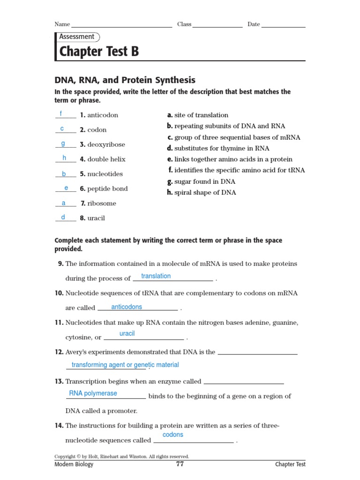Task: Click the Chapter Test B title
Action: click(x=99, y=52)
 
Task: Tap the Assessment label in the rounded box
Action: click(x=77, y=37)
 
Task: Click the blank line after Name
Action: click(x=121, y=26)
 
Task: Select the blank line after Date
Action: click(x=283, y=26)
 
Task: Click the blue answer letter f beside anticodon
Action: click(x=61, y=114)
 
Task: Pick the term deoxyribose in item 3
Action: click(x=106, y=144)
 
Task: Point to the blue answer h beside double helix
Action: click(x=64, y=158)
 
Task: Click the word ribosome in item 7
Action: click(x=102, y=203)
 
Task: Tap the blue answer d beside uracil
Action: click(x=63, y=217)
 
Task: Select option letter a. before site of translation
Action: click(x=170, y=115)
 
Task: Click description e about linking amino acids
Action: click(x=233, y=159)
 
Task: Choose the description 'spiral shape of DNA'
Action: click(x=205, y=192)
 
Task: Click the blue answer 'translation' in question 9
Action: click(x=156, y=276)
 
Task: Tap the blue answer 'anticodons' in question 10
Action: click(x=127, y=307)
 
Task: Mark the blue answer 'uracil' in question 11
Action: click(x=127, y=333)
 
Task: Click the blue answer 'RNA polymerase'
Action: click(x=93, y=393)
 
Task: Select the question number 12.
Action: click(x=59, y=352)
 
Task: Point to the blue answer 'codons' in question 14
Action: click(x=173, y=435)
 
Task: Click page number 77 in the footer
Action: click(x=180, y=464)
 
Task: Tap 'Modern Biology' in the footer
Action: click(x=74, y=464)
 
